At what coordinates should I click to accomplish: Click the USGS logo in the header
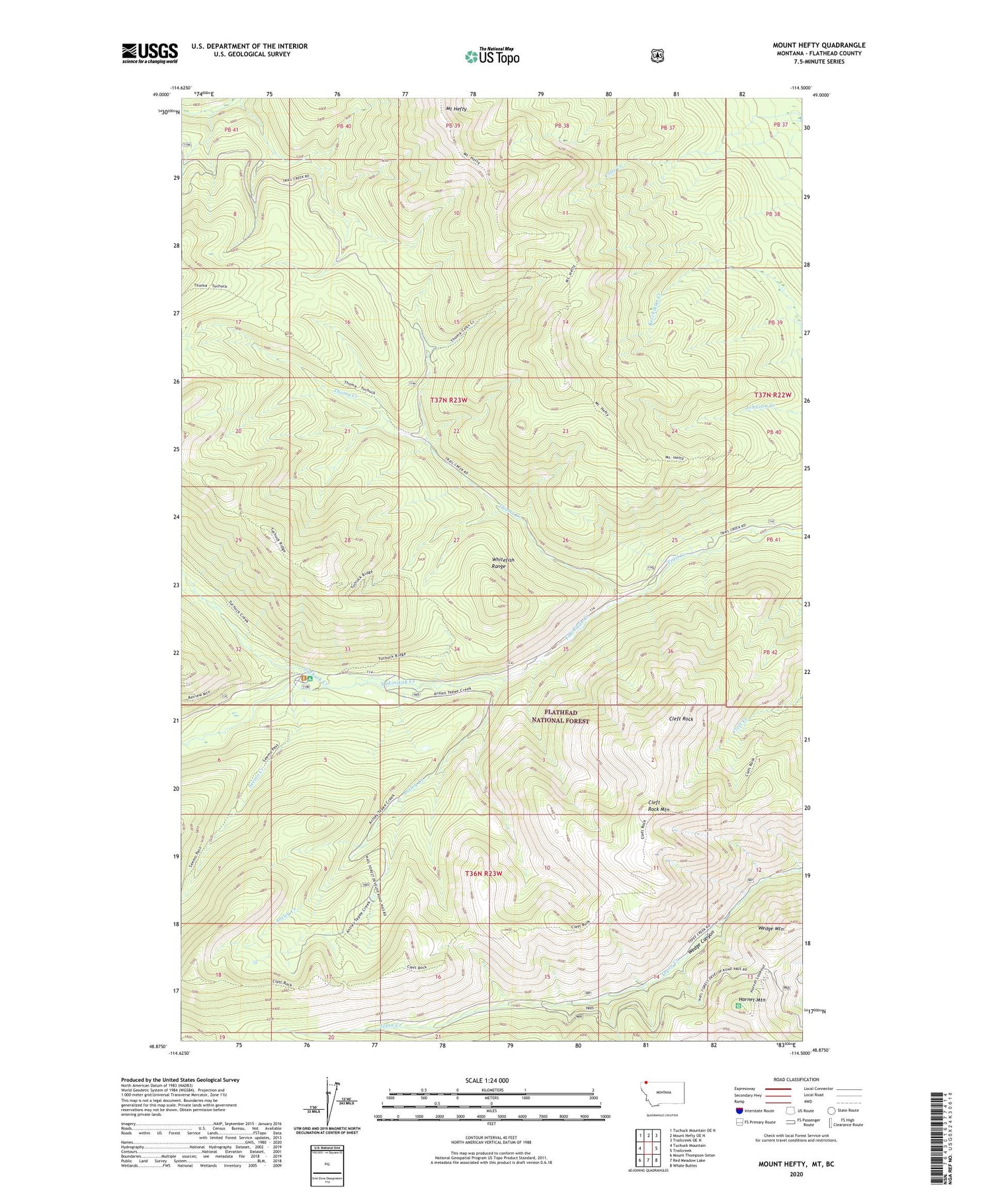point(150,53)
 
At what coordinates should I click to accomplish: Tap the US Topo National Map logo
point(492,56)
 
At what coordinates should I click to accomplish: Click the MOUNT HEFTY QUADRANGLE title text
point(819,46)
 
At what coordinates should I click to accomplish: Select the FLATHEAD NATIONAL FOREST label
point(560,717)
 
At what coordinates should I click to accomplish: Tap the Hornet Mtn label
point(751,999)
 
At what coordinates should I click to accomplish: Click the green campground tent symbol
point(310,679)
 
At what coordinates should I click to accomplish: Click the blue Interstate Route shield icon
point(739,1110)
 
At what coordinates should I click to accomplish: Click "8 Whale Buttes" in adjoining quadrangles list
point(687,1166)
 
